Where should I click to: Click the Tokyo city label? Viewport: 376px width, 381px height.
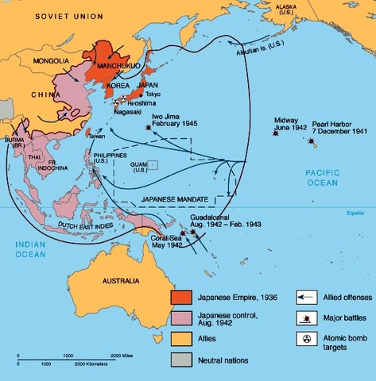pyautogui.click(x=154, y=94)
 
